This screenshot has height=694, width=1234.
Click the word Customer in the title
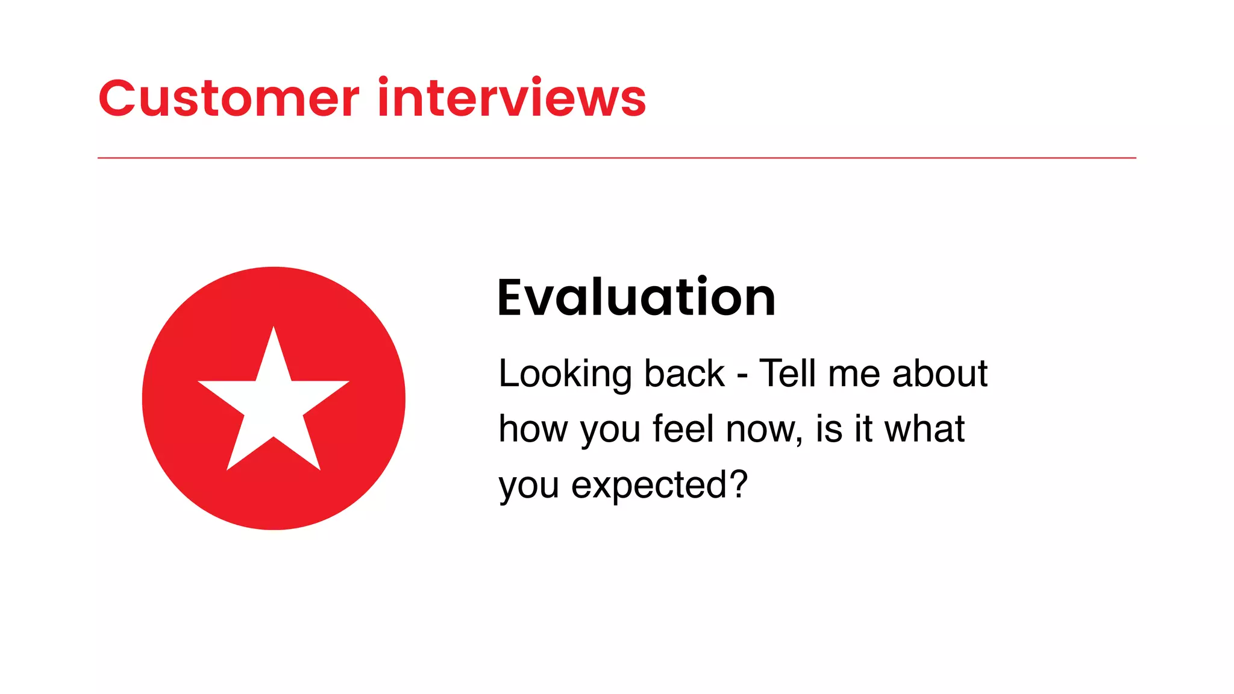(229, 98)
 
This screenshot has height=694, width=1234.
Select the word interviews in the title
(512, 98)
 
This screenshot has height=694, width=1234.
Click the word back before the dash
(684, 374)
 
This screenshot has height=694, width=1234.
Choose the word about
(940, 374)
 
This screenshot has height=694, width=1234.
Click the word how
(533, 430)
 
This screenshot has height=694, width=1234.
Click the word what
(924, 429)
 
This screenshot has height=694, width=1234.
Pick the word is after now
(829, 429)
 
